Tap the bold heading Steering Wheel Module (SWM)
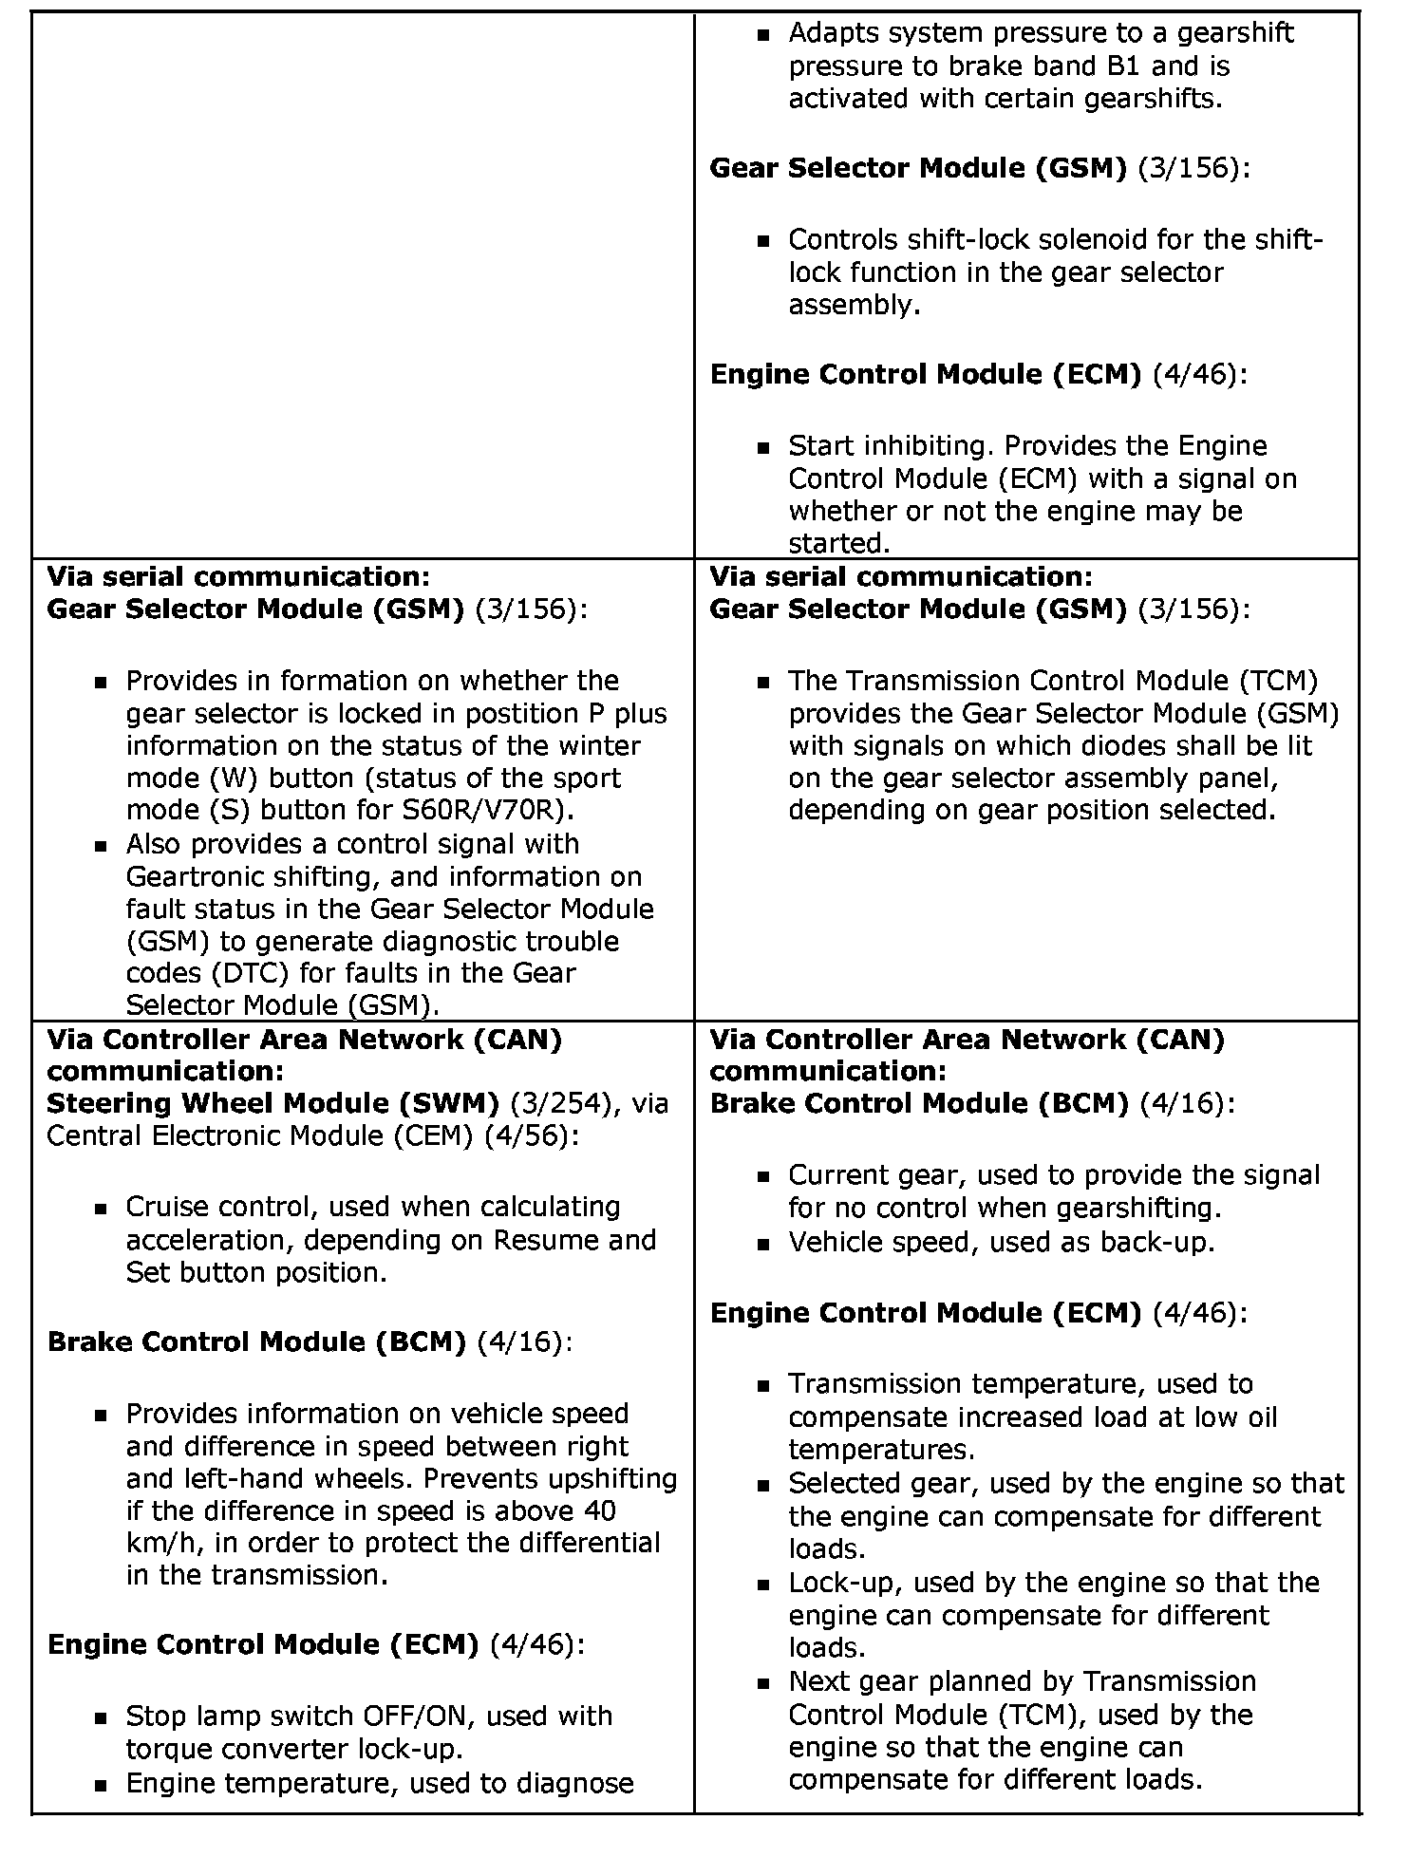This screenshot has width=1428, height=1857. pyautogui.click(x=273, y=1103)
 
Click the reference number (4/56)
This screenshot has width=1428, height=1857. pyautogui.click(x=525, y=1135)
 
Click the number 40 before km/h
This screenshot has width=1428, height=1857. pyautogui.click(x=598, y=1510)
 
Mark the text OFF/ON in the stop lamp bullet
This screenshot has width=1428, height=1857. pyautogui.click(x=425, y=1716)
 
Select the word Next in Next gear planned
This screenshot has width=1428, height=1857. pyautogui.click(x=819, y=1681)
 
